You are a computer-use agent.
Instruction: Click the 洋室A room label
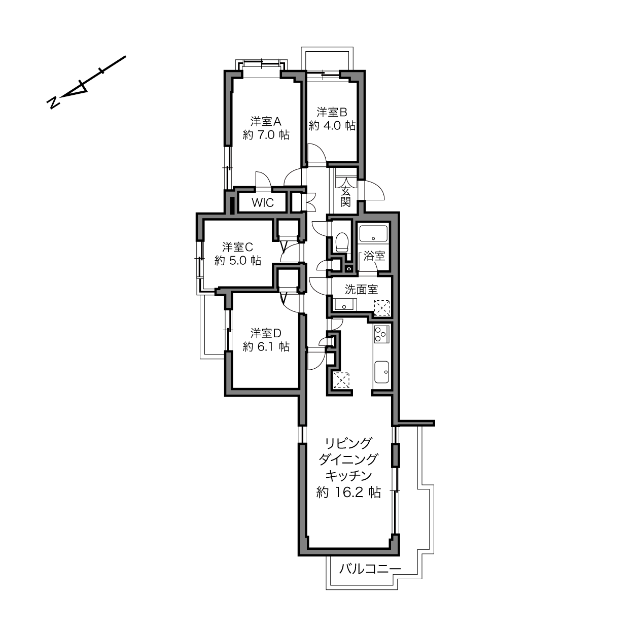[x=266, y=122]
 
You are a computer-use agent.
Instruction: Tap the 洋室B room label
[x=332, y=112]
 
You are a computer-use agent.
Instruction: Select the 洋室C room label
[x=237, y=247]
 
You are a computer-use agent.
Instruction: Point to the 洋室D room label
[x=266, y=333]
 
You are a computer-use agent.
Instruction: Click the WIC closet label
[x=263, y=203]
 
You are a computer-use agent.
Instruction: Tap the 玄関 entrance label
[x=345, y=196]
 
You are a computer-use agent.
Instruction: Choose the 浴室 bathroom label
[x=374, y=256]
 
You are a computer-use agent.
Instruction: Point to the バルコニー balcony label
[x=370, y=569]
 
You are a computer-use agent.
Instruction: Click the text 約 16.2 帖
[x=348, y=492]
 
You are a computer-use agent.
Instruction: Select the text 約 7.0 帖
[x=266, y=135]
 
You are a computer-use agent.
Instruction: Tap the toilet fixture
[x=341, y=241]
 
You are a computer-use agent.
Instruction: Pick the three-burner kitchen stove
[x=381, y=334]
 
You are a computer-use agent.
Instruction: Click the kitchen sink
[x=381, y=372]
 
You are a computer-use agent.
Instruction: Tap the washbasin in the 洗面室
[x=345, y=304]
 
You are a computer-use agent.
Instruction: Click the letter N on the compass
[x=54, y=103]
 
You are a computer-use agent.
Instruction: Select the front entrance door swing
[x=371, y=190]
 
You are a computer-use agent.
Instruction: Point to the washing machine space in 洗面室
[x=382, y=308]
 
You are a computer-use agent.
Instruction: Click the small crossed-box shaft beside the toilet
[x=348, y=269]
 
